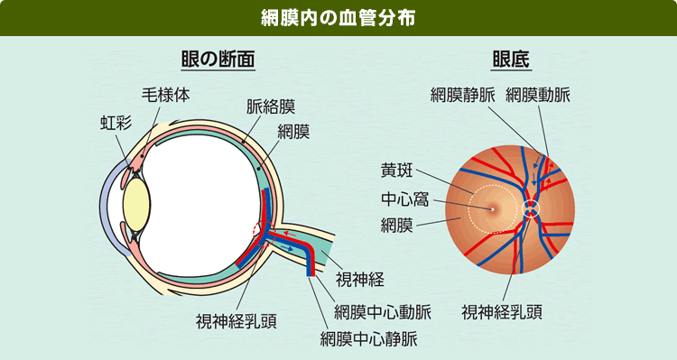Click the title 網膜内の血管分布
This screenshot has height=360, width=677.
click(338, 18)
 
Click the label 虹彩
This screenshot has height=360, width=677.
click(115, 123)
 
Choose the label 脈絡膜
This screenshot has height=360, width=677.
click(271, 106)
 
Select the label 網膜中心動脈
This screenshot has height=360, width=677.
click(382, 312)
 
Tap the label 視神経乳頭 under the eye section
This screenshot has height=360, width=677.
click(236, 321)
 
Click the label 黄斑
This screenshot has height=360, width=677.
click(397, 169)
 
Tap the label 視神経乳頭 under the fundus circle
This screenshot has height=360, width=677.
click(502, 312)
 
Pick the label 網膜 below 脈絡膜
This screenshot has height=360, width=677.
click(294, 133)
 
